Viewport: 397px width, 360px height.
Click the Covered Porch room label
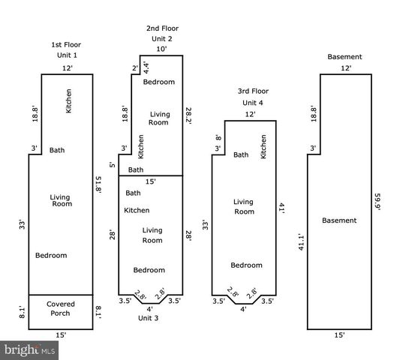click(61, 309)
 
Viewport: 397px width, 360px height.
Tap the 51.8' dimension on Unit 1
click(98, 184)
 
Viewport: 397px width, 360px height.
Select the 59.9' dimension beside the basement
click(377, 202)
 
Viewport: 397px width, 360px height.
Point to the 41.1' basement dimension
click(301, 242)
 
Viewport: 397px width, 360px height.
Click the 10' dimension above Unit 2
click(161, 49)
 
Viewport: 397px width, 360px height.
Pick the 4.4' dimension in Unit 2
click(146, 67)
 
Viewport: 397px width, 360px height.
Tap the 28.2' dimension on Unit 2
click(188, 115)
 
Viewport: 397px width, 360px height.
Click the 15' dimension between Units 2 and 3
click(151, 181)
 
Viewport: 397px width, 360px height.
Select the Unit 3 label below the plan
click(149, 318)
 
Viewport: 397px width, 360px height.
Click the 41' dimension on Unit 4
click(281, 208)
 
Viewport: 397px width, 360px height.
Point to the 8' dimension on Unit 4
click(218, 138)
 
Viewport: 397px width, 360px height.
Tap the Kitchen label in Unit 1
click(68, 101)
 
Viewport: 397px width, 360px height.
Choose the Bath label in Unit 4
click(241, 154)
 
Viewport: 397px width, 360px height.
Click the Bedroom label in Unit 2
click(159, 82)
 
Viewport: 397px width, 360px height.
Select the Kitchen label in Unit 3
click(137, 210)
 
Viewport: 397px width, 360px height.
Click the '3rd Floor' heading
click(253, 91)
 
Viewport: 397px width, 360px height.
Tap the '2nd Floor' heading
click(162, 28)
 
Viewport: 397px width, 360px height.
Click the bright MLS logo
click(29, 350)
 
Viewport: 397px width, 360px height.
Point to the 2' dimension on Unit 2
click(135, 68)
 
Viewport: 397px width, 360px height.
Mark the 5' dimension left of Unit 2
click(113, 165)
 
